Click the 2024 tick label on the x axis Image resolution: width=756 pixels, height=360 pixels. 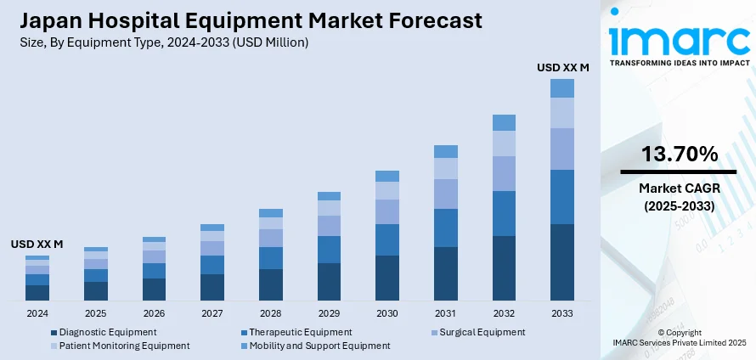tap(37, 313)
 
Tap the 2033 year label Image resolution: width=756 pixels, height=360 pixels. tap(561, 313)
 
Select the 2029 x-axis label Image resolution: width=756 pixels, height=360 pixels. tap(329, 313)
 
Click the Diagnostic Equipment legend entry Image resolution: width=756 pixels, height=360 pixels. tap(108, 332)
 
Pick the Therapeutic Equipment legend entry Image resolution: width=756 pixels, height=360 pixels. tap(295, 332)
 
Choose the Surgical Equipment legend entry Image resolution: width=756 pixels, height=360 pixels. tap(481, 332)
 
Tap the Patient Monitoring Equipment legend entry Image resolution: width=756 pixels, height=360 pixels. tap(124, 346)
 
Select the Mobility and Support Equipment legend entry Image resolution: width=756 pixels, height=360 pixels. tap(319, 346)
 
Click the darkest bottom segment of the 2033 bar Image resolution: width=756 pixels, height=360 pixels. tap(561, 262)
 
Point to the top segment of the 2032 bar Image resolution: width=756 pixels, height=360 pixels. tap(504, 122)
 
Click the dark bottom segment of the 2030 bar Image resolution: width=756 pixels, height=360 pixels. tap(387, 278)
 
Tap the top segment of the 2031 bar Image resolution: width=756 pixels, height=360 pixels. tap(445, 151)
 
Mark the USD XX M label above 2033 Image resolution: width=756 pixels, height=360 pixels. tap(562, 65)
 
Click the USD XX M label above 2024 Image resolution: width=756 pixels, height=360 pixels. tap(37, 244)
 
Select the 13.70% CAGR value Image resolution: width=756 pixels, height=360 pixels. tap(679, 154)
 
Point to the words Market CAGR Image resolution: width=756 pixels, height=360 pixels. tap(679, 189)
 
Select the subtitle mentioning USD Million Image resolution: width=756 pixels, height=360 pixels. tap(161, 41)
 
